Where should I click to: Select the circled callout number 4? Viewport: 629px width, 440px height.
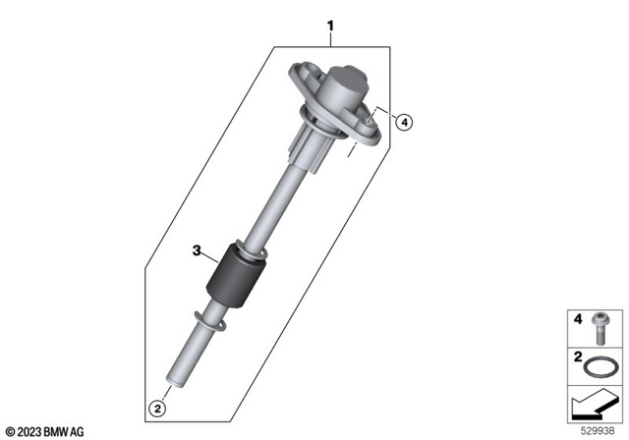click(x=404, y=122)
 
